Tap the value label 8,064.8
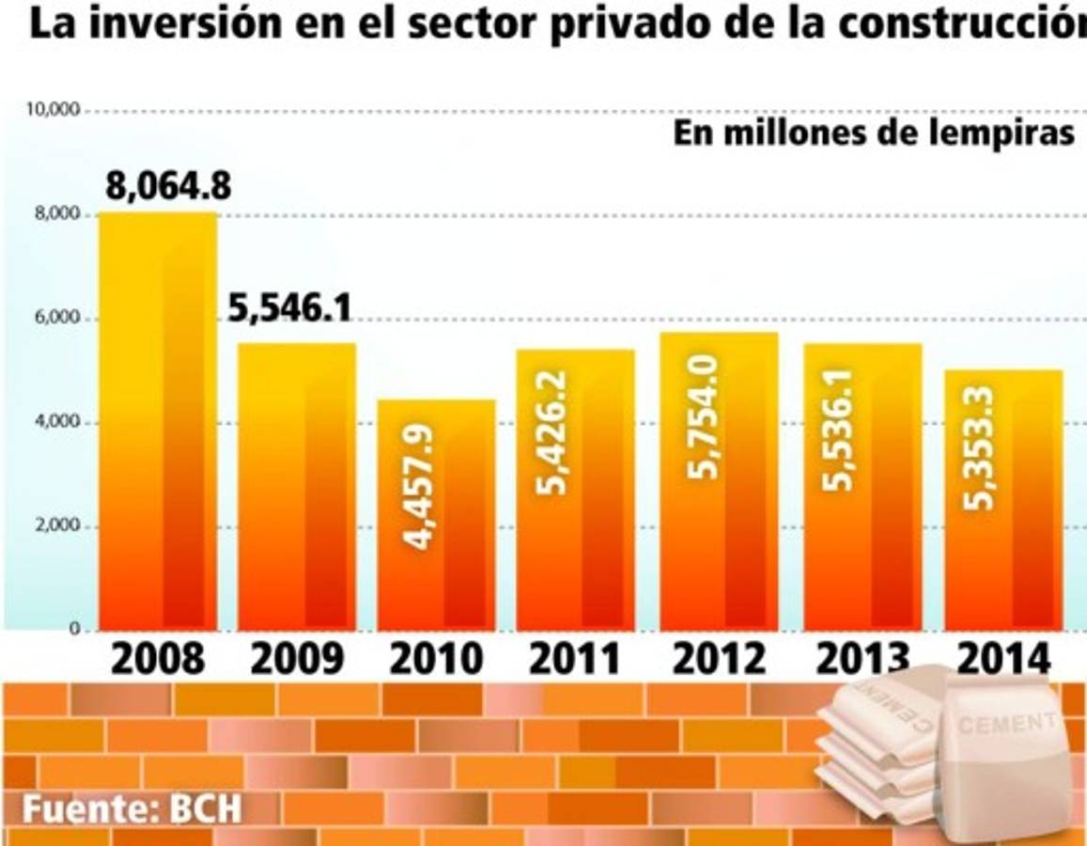pos(168,187)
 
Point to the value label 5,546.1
pos(290,309)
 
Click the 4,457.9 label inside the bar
pos(421,487)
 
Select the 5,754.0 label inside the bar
pos(704,416)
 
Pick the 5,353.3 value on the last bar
pos(980,447)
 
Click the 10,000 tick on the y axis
pos(54,110)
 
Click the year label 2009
pos(297,659)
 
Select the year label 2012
pos(719,659)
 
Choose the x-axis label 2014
pos(1003,659)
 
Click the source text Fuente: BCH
pos(132,809)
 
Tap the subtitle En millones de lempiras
pos(874,133)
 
